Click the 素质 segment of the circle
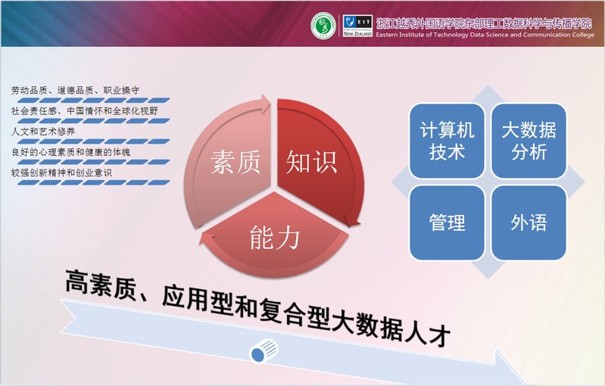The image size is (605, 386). pyautogui.click(x=228, y=162)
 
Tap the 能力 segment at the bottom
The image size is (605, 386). pyautogui.click(x=274, y=235)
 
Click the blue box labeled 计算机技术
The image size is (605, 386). pyautogui.click(x=447, y=141)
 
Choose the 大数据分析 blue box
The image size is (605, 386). pyautogui.click(x=529, y=141)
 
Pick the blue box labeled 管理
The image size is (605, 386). pyautogui.click(x=447, y=223)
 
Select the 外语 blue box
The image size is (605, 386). pyautogui.click(x=529, y=223)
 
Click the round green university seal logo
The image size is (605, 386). pyautogui.click(x=323, y=26)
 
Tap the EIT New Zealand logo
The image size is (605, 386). pyautogui.click(x=357, y=26)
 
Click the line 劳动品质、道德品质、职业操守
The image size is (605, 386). pyautogui.click(x=75, y=91)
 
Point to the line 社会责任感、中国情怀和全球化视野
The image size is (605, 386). pyautogui.click(x=85, y=111)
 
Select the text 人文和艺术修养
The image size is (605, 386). pyautogui.click(x=43, y=132)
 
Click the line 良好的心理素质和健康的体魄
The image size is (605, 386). pyautogui.click(x=70, y=152)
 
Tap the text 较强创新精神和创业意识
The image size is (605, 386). pyautogui.click(x=61, y=173)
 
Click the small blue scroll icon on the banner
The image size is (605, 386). pyautogui.click(x=264, y=351)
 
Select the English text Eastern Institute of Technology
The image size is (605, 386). pyautogui.click(x=422, y=35)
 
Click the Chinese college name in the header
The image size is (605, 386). pyautogui.click(x=484, y=23)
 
